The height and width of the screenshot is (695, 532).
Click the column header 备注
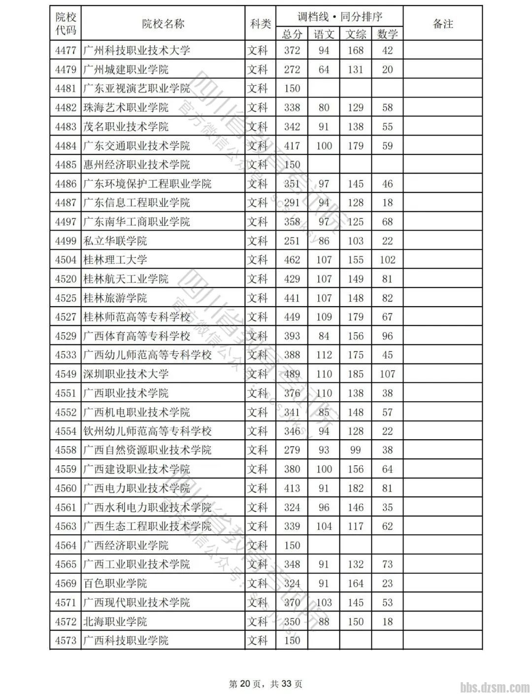(442, 24)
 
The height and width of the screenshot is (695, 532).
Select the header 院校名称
(163, 24)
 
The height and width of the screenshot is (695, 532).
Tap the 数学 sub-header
(387, 34)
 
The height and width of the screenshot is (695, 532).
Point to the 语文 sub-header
(324, 34)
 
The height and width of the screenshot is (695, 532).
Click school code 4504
(66, 260)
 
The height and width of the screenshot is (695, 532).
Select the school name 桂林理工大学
(115, 260)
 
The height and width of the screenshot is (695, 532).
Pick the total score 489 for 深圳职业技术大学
(292, 374)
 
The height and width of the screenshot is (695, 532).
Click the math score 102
(387, 260)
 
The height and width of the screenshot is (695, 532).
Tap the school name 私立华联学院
(115, 241)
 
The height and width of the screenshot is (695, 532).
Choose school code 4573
(66, 640)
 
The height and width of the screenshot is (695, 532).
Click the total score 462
(292, 260)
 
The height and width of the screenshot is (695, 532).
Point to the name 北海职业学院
(115, 622)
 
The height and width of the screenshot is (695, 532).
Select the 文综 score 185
(355, 374)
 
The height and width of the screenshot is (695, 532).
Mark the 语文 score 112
(324, 355)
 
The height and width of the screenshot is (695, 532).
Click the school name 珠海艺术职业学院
(126, 107)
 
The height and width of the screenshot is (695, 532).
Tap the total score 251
(292, 241)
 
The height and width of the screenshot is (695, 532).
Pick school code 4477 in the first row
(66, 50)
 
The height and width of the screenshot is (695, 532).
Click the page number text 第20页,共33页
(266, 684)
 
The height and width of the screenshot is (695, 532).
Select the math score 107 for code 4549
(387, 374)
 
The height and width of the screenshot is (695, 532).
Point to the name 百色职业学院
(115, 584)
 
